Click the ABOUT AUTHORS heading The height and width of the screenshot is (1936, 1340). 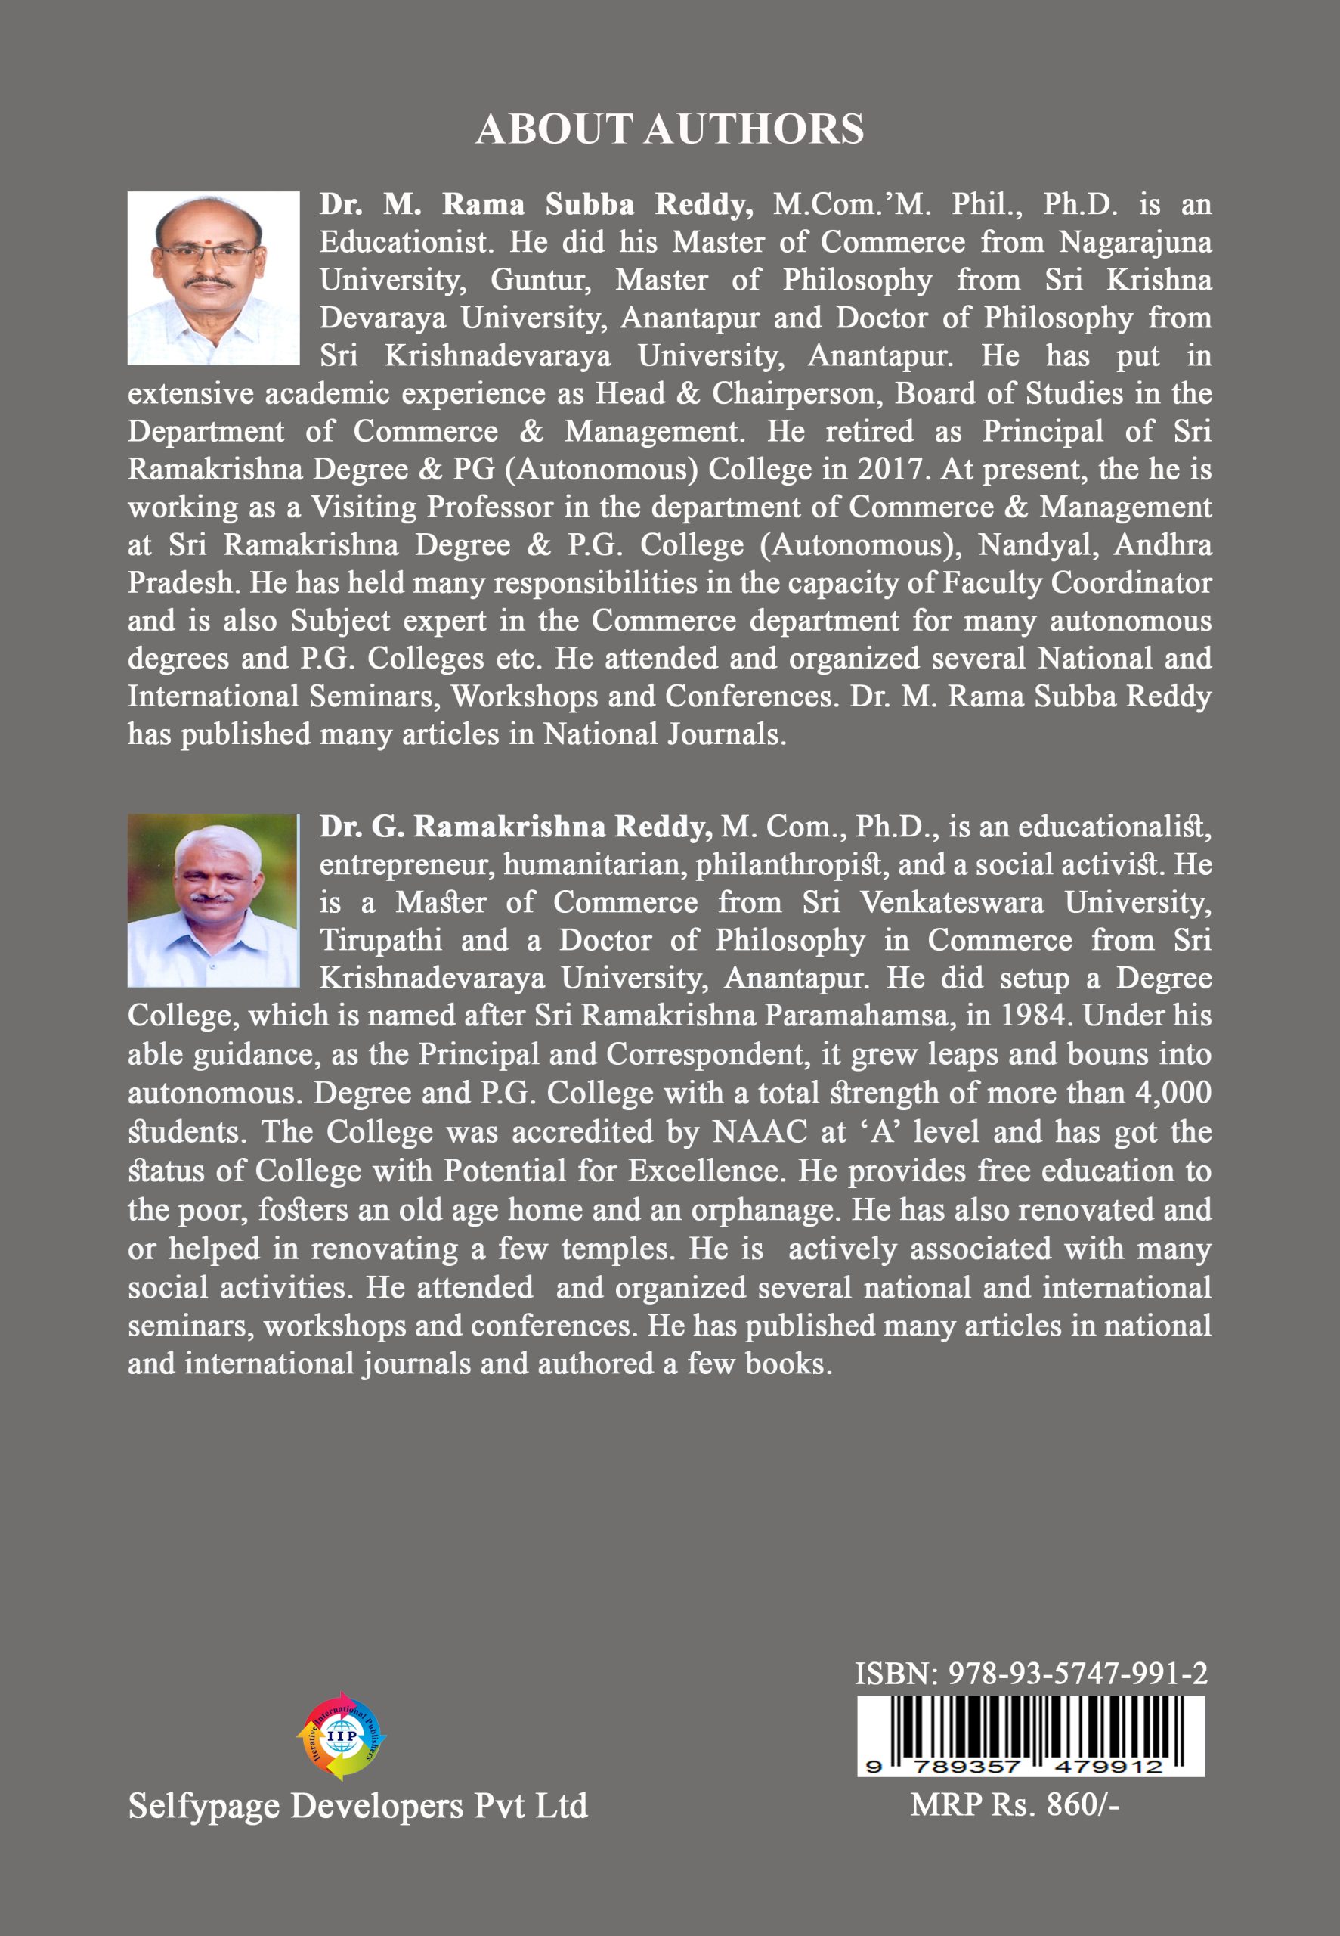[x=669, y=129]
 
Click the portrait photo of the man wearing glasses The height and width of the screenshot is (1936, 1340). [x=213, y=278]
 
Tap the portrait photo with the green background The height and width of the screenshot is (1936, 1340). [x=213, y=899]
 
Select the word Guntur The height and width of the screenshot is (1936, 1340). [x=542, y=280]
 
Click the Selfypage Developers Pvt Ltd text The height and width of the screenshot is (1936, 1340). [x=357, y=1805]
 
